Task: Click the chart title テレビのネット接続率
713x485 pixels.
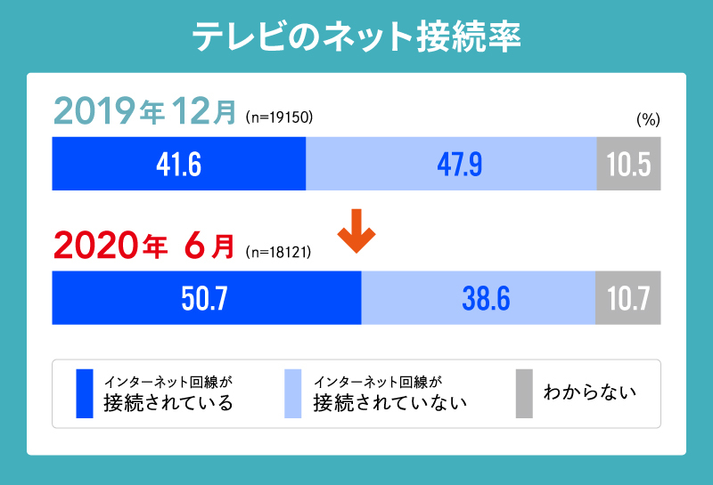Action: click(x=356, y=37)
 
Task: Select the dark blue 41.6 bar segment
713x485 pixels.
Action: click(x=179, y=164)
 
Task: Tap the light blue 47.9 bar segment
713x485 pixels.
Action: click(x=451, y=164)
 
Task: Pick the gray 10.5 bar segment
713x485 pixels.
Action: click(x=628, y=164)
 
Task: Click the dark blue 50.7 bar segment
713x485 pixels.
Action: click(x=207, y=298)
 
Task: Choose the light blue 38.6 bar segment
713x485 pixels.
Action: click(x=479, y=298)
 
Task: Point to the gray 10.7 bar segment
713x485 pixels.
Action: click(x=628, y=298)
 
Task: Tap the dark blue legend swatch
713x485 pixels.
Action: click(x=85, y=393)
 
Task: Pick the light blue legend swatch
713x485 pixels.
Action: click(x=292, y=393)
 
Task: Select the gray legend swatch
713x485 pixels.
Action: click(x=524, y=393)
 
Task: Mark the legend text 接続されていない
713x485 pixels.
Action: click(x=390, y=403)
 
